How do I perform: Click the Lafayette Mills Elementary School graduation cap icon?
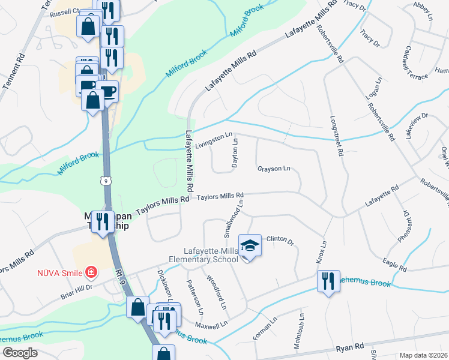coord(250,245)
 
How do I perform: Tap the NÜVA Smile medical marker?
coord(91,273)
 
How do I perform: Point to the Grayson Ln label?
coord(274,169)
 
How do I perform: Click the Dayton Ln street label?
coord(235,153)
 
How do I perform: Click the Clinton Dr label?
coord(280,241)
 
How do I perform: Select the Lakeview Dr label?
coord(417,127)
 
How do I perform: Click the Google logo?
coord(20,353)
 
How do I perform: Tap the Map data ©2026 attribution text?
coord(423,355)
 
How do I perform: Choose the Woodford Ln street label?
coord(216,292)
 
